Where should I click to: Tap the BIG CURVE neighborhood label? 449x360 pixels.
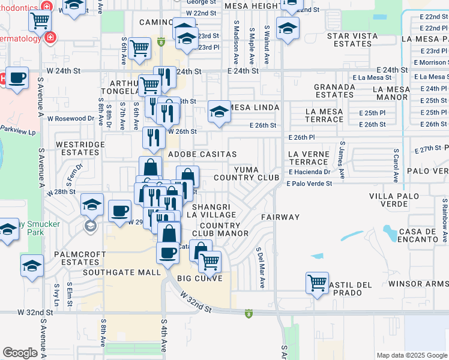coord(200,278)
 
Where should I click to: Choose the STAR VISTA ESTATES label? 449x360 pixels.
coord(352,40)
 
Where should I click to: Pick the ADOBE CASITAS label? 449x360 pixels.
coord(202,154)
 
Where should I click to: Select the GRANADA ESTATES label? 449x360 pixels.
coord(334,91)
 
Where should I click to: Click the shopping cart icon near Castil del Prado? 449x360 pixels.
coord(316,281)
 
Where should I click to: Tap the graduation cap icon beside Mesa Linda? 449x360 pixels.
coord(219,111)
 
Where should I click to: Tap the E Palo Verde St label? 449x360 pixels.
coord(309,184)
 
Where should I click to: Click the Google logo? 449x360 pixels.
coord(20,353)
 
